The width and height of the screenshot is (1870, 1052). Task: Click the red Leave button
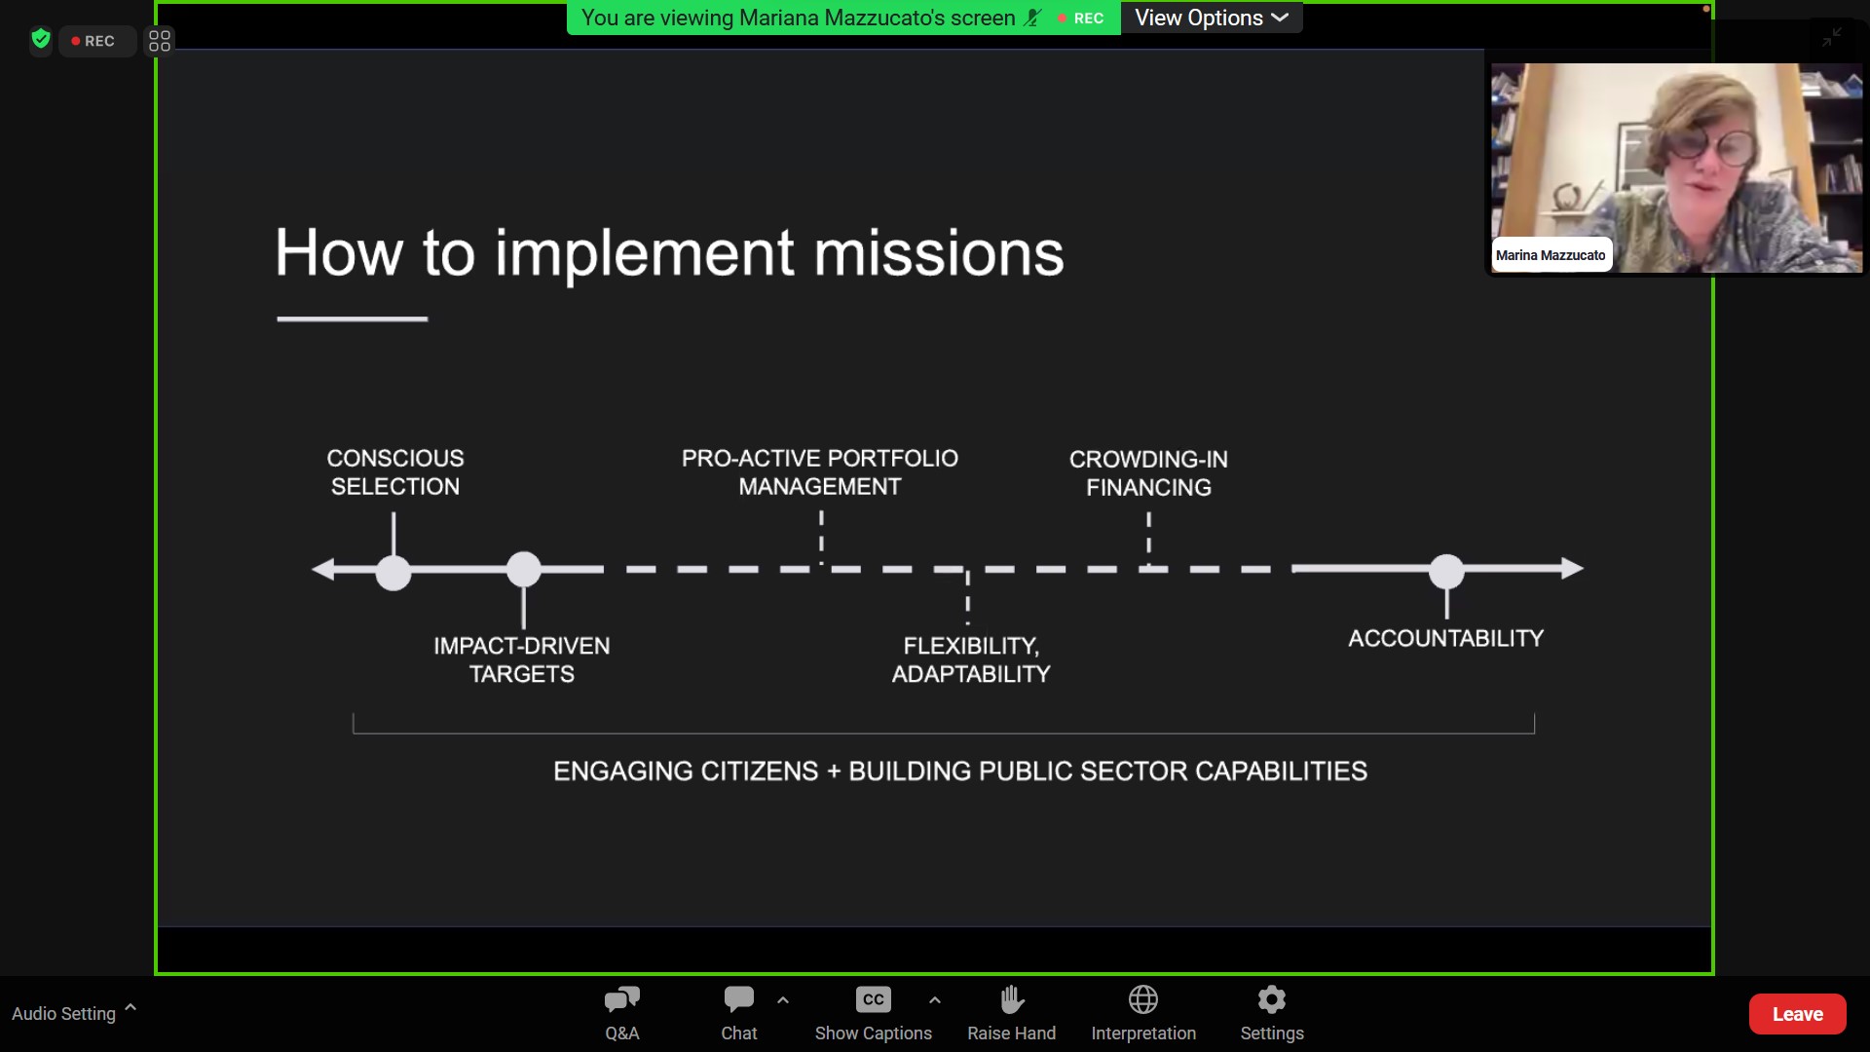(1797, 1014)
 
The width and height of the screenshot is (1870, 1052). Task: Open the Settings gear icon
(1272, 999)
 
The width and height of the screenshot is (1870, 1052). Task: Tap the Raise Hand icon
(1012, 999)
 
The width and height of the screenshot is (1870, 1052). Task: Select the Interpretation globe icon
(1143, 999)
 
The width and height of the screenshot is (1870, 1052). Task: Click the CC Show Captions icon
(874, 999)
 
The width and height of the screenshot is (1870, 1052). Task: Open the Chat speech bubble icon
(739, 999)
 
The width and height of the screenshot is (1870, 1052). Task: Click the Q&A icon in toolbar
(622, 999)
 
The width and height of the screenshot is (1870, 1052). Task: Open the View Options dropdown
(1212, 18)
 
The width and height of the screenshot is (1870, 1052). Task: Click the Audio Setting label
(63, 1014)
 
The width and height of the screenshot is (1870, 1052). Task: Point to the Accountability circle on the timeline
(1446, 572)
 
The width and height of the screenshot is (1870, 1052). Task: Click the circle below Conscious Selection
(393, 573)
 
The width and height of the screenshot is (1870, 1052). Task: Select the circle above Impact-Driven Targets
(524, 569)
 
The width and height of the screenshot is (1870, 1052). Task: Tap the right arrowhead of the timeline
(1573, 568)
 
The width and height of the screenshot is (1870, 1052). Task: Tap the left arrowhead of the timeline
(322, 569)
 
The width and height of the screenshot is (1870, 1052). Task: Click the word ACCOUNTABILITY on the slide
(1446, 639)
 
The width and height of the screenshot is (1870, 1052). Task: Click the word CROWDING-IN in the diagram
(1148, 459)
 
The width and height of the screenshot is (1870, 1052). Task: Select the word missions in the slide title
(939, 252)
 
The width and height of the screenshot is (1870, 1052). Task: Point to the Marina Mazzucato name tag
(1551, 255)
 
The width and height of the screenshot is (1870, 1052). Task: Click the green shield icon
(41, 39)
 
